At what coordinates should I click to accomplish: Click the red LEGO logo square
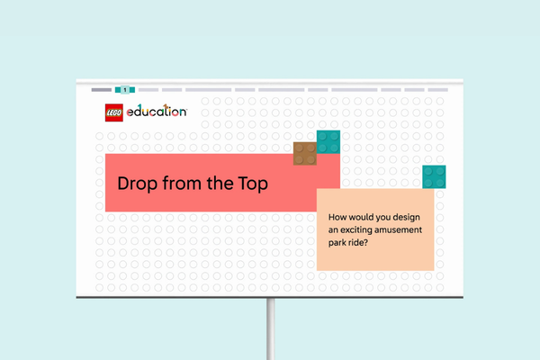(x=114, y=112)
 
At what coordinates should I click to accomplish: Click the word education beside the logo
(x=157, y=111)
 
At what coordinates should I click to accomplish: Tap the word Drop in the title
(x=137, y=184)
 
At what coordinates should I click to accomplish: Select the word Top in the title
(x=253, y=184)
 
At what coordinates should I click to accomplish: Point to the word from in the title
(x=182, y=183)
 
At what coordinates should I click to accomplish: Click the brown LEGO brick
(x=305, y=154)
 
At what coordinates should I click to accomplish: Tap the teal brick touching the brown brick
(x=328, y=142)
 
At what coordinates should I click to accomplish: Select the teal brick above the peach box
(x=434, y=177)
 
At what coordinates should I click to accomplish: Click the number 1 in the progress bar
(x=125, y=90)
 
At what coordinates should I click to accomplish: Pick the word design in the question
(x=407, y=218)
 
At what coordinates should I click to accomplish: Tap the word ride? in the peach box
(x=357, y=242)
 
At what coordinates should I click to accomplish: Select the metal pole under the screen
(x=271, y=329)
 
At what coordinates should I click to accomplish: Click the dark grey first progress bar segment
(x=102, y=90)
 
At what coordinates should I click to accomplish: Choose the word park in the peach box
(x=337, y=243)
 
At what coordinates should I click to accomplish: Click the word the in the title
(x=220, y=183)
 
